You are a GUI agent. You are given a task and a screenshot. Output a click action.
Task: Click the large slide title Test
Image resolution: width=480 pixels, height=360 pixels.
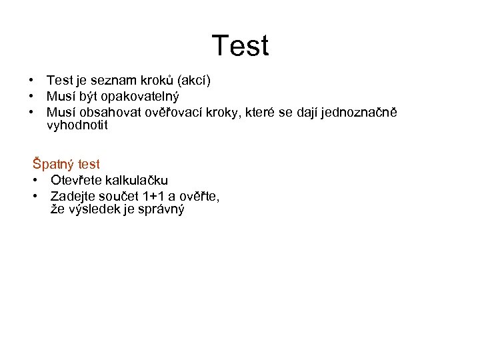[240, 46]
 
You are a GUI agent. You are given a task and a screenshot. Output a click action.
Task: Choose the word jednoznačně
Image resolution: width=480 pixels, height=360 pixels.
[359, 111]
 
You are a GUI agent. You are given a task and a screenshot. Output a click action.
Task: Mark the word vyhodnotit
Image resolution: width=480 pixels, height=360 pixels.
[77, 125]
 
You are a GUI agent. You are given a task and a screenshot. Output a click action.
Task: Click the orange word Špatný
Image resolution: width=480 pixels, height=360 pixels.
[53, 165]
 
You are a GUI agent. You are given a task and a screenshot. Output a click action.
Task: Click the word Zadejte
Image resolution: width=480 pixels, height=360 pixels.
[73, 196]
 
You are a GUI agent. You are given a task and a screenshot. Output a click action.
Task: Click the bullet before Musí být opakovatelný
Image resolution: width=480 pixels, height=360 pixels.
[31, 96]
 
